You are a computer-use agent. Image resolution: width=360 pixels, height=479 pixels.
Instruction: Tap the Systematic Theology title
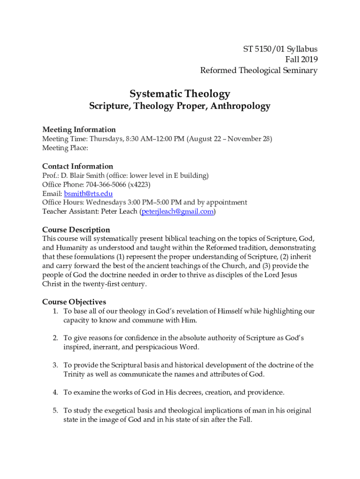point(180,94)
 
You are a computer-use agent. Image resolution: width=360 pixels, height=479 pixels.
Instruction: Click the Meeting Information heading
point(79,130)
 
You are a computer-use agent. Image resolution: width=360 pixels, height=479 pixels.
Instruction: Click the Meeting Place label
point(65,148)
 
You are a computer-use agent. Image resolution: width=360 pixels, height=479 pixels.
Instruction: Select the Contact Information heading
point(78,166)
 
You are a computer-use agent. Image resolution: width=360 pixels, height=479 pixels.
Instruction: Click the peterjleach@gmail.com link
point(177,211)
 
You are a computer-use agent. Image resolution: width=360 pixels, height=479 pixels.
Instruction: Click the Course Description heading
point(76,230)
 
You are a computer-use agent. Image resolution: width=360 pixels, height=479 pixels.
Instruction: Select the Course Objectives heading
point(74,302)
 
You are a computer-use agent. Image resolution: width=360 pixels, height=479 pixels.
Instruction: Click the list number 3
point(55,365)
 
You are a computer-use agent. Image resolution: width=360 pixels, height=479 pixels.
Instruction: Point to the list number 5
point(55,410)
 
